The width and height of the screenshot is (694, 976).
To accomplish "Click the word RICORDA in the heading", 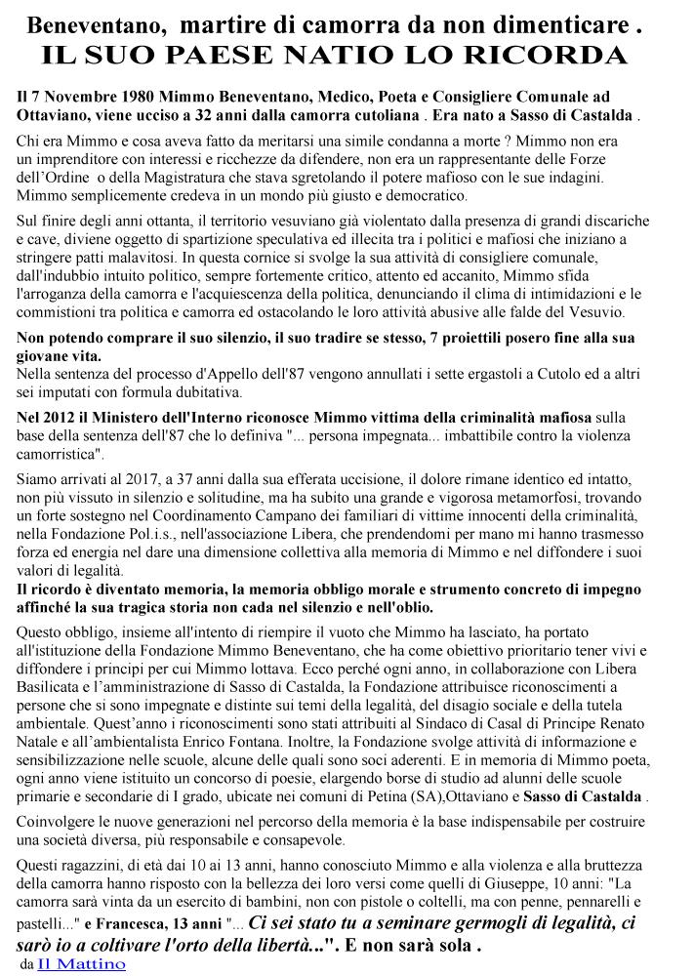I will click(x=558, y=56).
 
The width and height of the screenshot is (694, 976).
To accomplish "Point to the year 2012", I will click(x=63, y=418).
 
